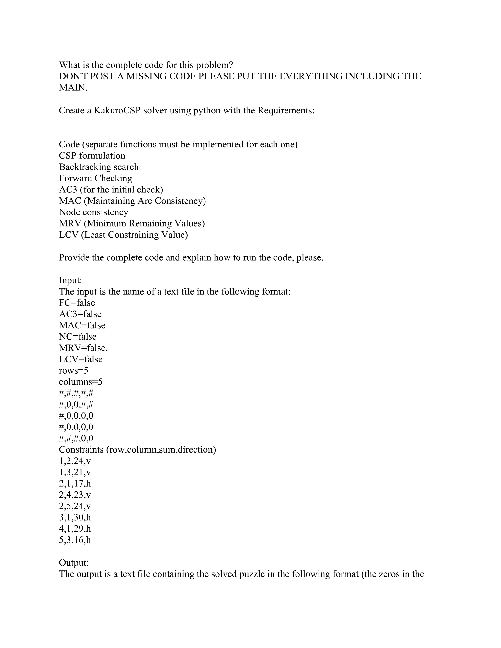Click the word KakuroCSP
(x=117, y=111)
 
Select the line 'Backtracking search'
(x=99, y=167)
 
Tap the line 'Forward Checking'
(x=96, y=178)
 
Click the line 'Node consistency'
(x=93, y=212)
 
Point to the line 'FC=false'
(x=77, y=303)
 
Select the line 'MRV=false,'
(x=83, y=348)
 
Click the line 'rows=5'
(x=73, y=370)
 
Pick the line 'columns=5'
(x=80, y=382)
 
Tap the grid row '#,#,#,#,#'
(x=76, y=393)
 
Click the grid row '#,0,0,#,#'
(x=76, y=405)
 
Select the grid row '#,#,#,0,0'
(x=76, y=438)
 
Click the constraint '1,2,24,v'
(x=75, y=461)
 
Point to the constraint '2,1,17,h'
(x=75, y=484)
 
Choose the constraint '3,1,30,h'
(x=75, y=517)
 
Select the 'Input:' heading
(x=70, y=280)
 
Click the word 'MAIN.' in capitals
(x=73, y=88)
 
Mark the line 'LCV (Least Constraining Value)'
(x=123, y=235)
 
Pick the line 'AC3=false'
(x=80, y=314)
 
